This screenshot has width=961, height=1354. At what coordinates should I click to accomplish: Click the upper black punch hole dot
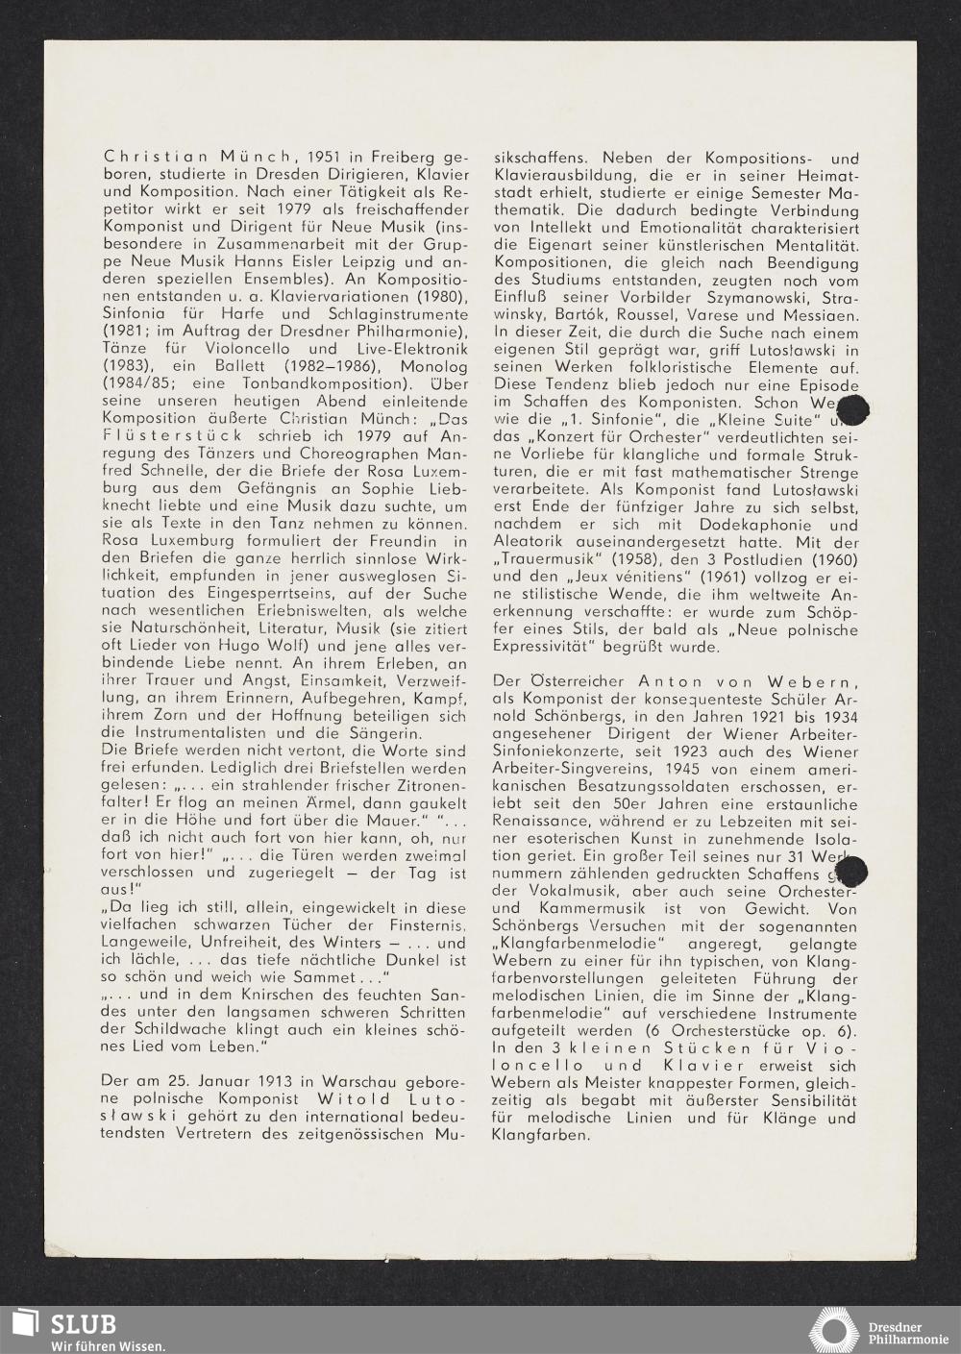[852, 408]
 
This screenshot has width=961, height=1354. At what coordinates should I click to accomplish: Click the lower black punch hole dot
[851, 873]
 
